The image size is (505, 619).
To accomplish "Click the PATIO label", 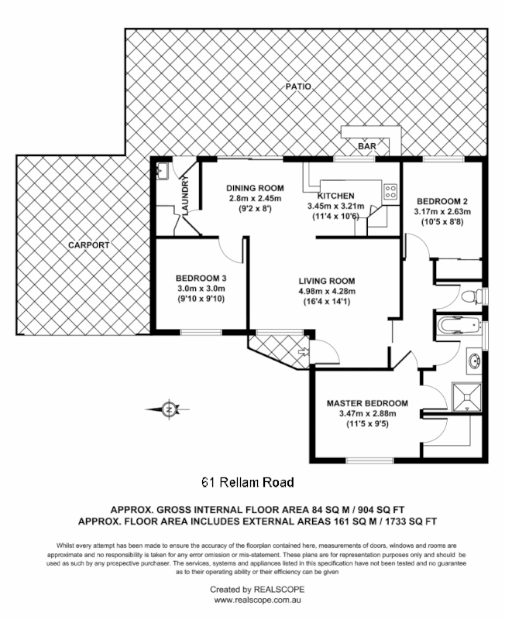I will [x=297, y=87].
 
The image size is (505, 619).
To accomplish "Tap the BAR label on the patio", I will [x=366, y=145].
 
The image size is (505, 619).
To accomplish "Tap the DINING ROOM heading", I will [x=255, y=188].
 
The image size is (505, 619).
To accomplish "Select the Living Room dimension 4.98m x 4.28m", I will [x=327, y=292].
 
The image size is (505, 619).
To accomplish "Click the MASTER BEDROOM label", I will [x=367, y=403].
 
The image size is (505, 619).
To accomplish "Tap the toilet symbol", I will [x=471, y=295].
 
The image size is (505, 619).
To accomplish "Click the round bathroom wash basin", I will [x=475, y=361].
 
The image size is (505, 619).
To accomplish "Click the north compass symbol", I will [x=169, y=409].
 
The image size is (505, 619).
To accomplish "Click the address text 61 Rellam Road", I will [x=248, y=483].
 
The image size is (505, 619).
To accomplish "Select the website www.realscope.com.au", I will [x=252, y=600].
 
